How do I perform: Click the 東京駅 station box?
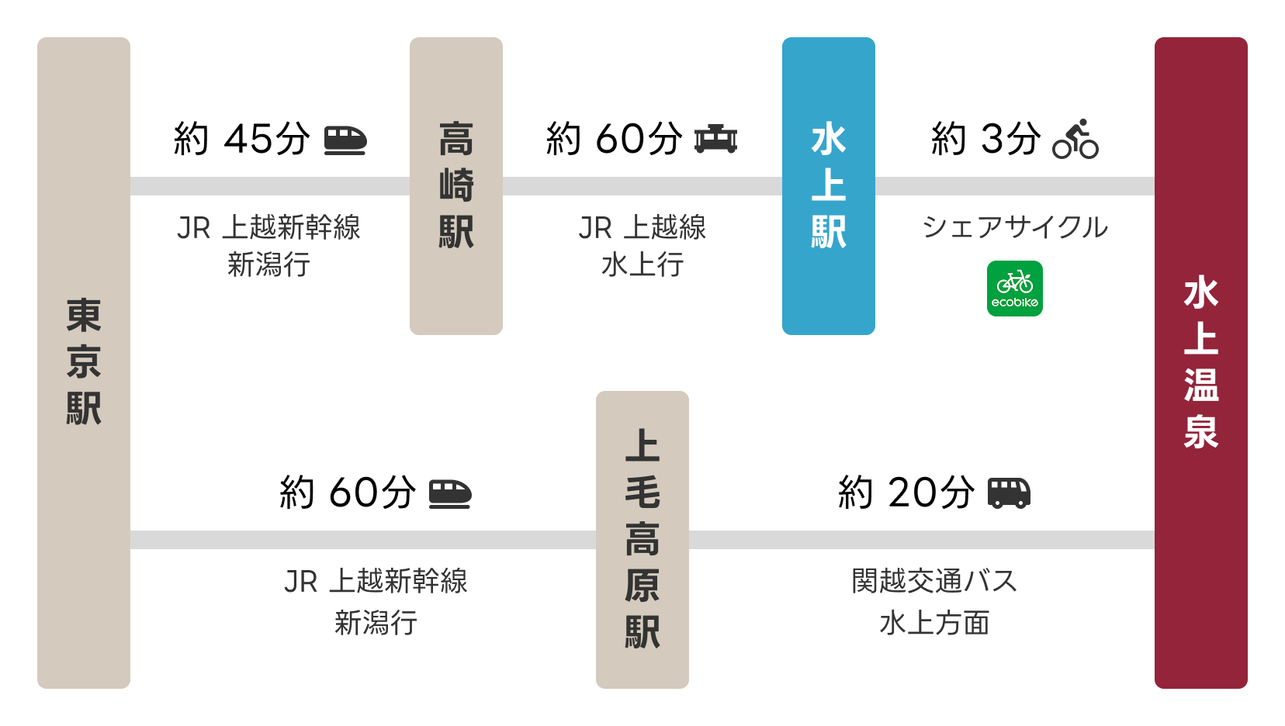(x=84, y=362)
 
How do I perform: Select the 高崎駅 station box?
(x=456, y=186)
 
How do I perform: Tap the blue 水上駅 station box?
(x=829, y=186)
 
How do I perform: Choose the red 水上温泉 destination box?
(x=1201, y=362)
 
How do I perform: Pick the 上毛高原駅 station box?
(x=642, y=539)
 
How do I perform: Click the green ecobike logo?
(x=1015, y=289)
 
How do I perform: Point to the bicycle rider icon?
(x=1075, y=140)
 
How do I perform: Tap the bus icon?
(x=1009, y=493)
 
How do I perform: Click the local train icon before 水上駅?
(x=715, y=140)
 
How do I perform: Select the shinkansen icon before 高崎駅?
(x=345, y=140)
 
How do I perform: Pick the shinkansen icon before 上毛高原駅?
(x=450, y=494)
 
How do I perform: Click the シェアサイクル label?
(x=1015, y=227)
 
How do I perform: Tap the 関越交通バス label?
(x=934, y=581)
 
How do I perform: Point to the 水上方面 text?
(x=934, y=623)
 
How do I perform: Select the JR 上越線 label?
(x=642, y=227)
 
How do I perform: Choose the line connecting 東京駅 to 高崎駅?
(x=270, y=186)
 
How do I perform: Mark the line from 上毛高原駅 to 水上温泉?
(x=922, y=540)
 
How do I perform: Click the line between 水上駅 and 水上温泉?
(x=1015, y=186)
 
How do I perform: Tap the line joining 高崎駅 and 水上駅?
(x=642, y=186)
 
